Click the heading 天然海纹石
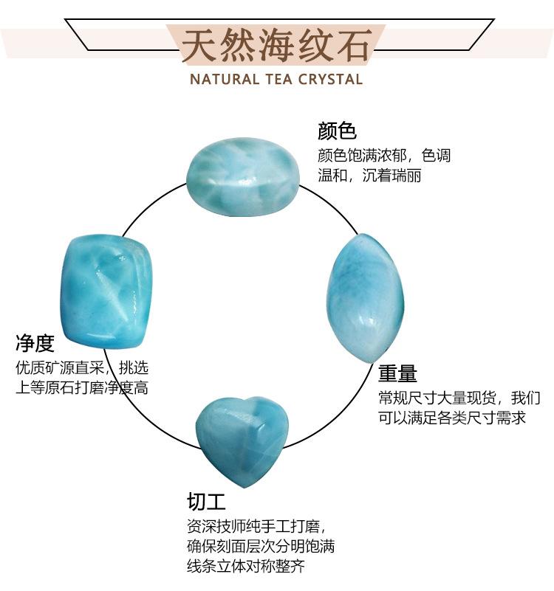276,46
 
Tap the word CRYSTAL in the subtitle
330,79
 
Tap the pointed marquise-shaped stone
366,297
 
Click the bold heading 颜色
337,131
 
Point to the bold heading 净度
35,343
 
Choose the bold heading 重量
398,372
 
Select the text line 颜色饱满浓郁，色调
383,156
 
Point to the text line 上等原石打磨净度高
82,387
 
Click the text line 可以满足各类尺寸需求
452,418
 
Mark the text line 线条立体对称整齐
246,567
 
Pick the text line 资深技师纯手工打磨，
256,527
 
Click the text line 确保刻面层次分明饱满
261,547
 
